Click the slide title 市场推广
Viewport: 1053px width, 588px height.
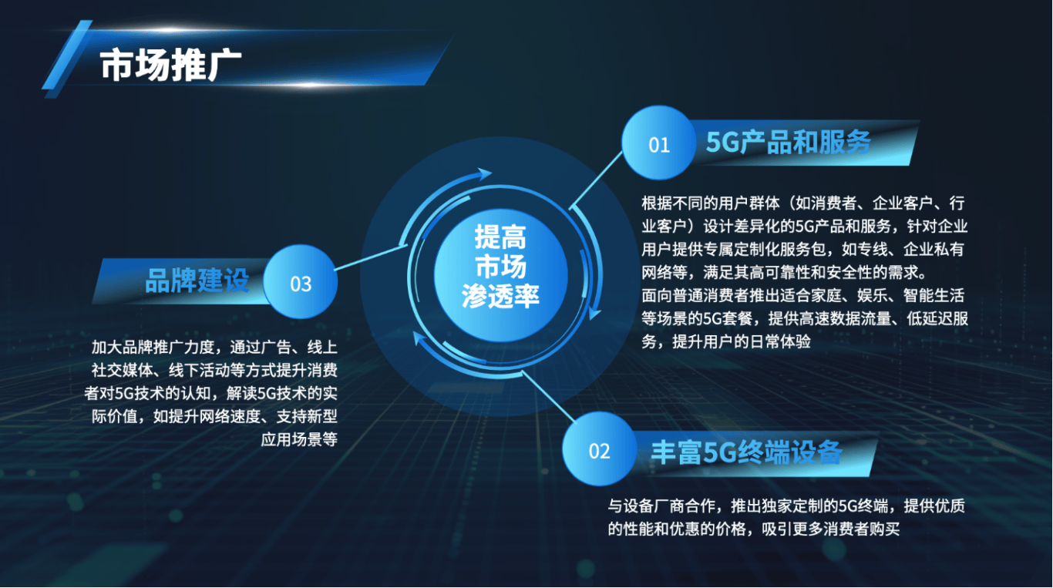click(x=171, y=65)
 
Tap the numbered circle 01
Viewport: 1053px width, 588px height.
click(x=659, y=144)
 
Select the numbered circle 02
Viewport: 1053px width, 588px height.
click(x=599, y=450)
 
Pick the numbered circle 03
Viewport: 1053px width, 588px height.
click(x=301, y=283)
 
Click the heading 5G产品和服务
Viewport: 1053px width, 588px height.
click(x=788, y=143)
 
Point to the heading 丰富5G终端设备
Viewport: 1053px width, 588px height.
click(x=746, y=452)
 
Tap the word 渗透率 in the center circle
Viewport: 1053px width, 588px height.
click(x=501, y=297)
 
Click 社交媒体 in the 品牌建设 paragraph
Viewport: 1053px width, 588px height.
click(x=116, y=370)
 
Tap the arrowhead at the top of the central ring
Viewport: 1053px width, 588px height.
click(x=484, y=174)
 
